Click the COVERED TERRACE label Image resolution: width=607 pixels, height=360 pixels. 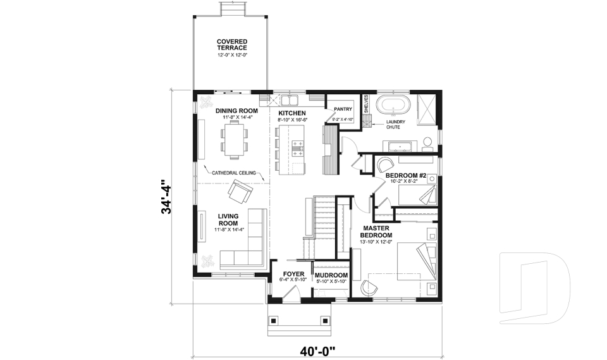[x=232, y=44]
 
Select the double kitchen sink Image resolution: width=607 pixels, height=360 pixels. [x=290, y=100]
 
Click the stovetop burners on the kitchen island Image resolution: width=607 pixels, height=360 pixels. [x=297, y=148]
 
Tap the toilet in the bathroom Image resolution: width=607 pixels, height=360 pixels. [x=428, y=141]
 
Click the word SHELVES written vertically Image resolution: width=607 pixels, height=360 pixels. [x=365, y=104]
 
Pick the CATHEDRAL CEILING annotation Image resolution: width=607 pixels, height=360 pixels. [x=233, y=172]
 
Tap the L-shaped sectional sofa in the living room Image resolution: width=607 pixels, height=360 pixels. [x=243, y=244]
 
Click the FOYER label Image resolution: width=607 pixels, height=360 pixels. [x=293, y=275]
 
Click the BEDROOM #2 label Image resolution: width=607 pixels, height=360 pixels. [x=408, y=175]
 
